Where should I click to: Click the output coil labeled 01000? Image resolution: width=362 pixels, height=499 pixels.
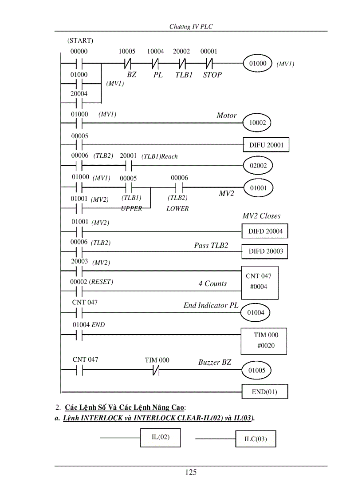click(258, 64)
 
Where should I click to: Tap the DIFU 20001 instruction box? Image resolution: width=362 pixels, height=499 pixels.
click(266, 144)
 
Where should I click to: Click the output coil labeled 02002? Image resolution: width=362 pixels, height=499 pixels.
click(258, 166)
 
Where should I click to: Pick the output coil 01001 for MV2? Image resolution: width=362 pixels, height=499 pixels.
click(258, 188)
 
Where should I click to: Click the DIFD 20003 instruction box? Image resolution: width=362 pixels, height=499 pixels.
click(265, 251)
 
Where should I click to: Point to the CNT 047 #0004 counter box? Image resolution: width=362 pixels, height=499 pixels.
click(260, 282)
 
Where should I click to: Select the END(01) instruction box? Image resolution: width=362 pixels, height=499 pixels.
click(264, 392)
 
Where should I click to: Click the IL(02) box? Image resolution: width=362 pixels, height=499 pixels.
click(161, 438)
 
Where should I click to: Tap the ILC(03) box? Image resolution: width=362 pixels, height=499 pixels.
click(256, 439)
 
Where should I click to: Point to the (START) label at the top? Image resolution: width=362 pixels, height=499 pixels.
click(80, 40)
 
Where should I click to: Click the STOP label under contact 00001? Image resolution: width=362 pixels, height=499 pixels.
click(212, 75)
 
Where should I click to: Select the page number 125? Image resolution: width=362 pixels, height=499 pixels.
click(191, 472)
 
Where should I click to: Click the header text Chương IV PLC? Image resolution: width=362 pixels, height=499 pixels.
click(191, 27)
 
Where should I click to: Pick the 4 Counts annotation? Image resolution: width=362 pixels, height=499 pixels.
click(212, 284)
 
